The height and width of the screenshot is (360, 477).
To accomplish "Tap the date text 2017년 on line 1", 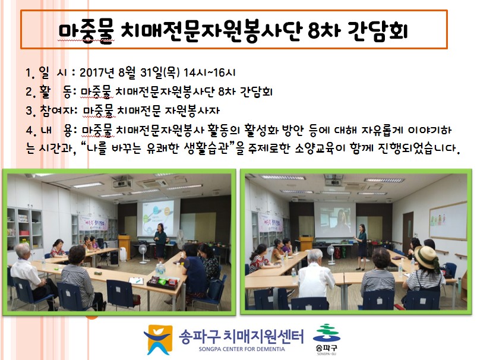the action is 97,72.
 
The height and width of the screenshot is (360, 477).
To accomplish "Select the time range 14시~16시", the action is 209,72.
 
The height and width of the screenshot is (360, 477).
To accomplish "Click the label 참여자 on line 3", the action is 56,110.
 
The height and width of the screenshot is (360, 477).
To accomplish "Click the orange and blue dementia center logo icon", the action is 158,340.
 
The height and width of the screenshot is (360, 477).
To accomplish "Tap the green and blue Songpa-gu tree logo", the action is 327,333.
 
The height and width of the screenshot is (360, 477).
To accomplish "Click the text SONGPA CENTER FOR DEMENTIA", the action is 242,349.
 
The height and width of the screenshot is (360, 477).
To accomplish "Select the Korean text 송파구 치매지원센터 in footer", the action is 241,336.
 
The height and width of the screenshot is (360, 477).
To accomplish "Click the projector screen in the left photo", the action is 155,218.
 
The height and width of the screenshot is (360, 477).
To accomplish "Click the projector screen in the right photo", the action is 334,220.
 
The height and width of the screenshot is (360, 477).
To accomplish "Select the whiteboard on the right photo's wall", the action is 448,220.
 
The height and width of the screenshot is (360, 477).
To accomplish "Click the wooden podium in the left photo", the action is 124,247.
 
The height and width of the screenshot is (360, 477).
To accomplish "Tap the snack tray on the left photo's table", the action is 163,282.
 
